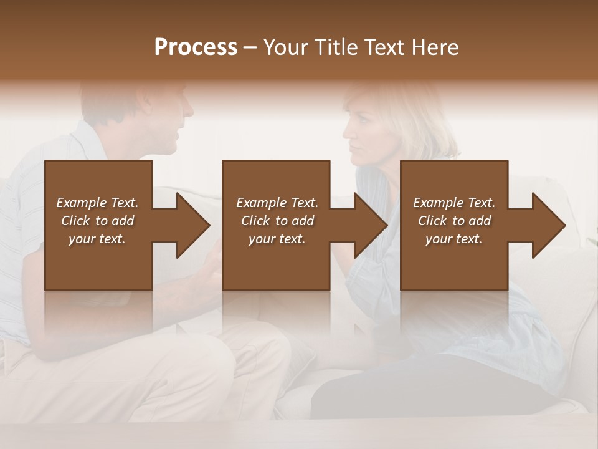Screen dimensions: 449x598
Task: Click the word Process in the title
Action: point(196,47)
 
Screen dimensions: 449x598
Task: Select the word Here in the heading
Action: point(435,47)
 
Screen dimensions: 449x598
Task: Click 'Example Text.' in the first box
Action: point(97,203)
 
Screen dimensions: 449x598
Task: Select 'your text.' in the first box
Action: point(97,239)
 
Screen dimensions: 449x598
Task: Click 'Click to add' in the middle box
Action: point(277,221)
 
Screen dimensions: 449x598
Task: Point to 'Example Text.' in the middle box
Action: point(277,203)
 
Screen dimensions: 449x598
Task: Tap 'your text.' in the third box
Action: point(454,239)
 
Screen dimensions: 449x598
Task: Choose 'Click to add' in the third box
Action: point(454,221)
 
